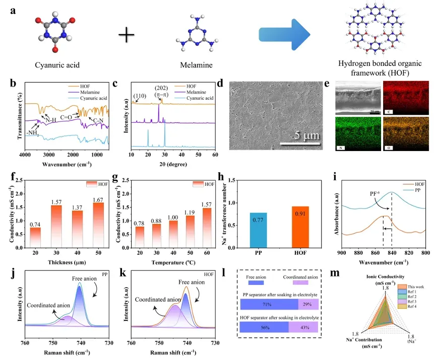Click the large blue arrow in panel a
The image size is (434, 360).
285,34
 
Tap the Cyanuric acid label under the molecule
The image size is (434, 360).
57,65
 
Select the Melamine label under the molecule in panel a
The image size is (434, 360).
194,65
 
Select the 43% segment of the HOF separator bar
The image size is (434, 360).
303,327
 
